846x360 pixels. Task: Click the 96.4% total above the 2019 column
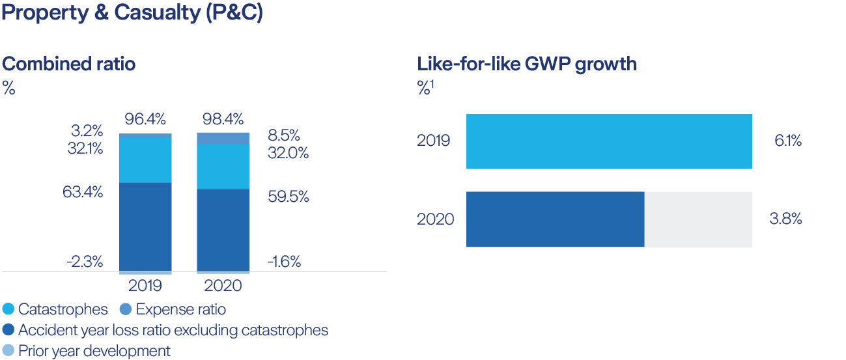145,119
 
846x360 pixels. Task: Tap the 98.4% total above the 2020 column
223,119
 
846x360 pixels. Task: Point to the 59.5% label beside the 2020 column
288,197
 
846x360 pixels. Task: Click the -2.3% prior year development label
85,262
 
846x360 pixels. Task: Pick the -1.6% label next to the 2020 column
284,262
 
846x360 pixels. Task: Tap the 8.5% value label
284,136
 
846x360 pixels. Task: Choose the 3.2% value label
87,130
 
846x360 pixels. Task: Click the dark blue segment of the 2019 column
145,227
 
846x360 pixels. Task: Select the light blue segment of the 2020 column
223,167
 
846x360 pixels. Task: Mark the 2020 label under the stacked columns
223,286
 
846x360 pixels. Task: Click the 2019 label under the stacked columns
145,286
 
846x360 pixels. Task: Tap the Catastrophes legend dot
8,309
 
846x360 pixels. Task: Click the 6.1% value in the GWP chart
787,141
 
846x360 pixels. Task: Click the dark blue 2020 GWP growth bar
555,219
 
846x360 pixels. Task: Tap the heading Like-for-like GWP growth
526,64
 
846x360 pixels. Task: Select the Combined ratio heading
69,64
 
